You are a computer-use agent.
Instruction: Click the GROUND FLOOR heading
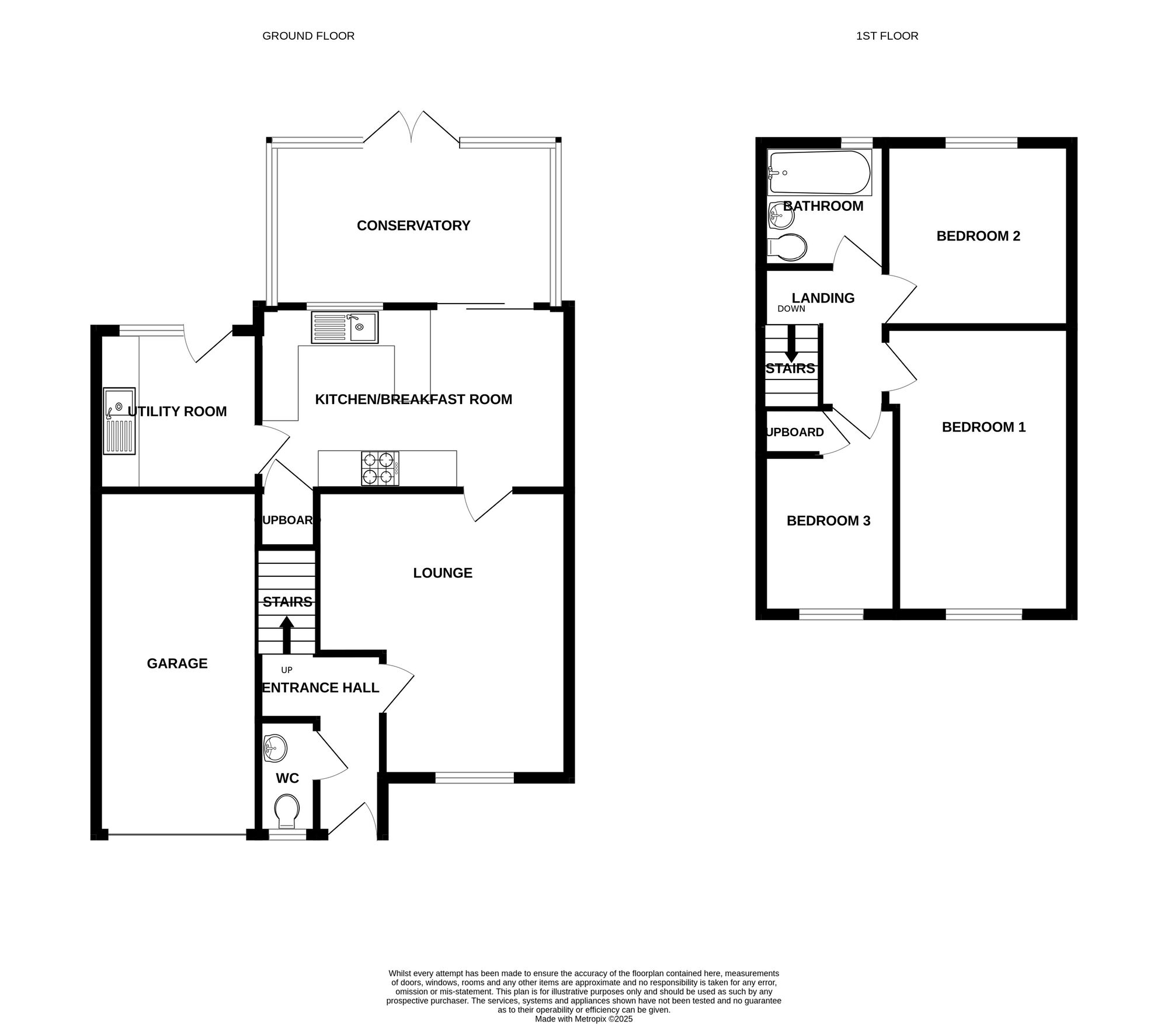[x=308, y=36]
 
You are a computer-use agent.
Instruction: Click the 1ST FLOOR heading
[x=887, y=36]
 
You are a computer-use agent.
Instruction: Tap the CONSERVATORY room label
[x=413, y=225]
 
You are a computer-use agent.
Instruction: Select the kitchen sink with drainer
[x=345, y=327]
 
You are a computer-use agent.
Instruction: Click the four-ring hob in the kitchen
[x=380, y=468]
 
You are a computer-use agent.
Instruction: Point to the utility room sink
[x=119, y=421]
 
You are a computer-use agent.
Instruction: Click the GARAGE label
[x=177, y=663]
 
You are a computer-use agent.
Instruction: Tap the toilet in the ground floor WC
[x=287, y=810]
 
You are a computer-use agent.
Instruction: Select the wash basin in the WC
[x=274, y=748]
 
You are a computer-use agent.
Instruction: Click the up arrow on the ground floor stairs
[x=287, y=636]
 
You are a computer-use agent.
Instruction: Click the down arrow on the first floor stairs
[x=791, y=344]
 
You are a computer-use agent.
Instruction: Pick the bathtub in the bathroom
[x=819, y=173]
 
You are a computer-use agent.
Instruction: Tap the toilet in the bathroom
[x=788, y=248]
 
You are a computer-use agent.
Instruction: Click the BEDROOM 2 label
[x=978, y=236]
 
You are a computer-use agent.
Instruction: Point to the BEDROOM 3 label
[x=828, y=521]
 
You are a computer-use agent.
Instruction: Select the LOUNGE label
[x=443, y=573]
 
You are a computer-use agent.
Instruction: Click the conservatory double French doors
[x=412, y=128]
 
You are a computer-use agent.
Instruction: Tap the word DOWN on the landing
[x=791, y=309]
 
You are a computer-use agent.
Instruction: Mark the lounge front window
[x=474, y=777]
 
